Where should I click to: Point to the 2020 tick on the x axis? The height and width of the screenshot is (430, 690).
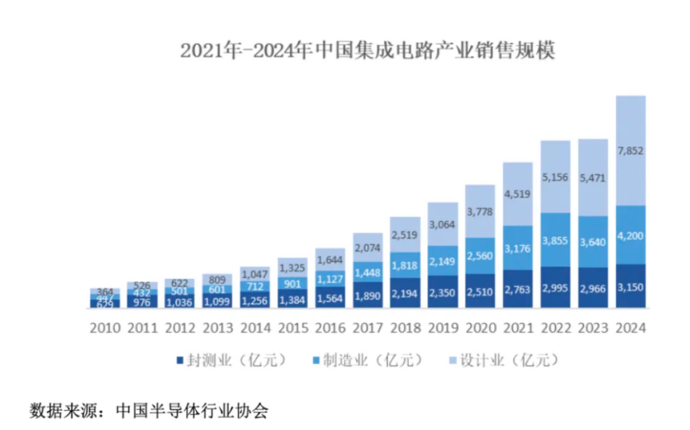coord(480,328)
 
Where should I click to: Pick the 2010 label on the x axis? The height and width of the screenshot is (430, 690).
coord(104,328)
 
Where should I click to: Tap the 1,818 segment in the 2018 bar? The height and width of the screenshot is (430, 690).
coord(405,266)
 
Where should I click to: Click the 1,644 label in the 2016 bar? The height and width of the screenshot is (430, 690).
coord(330,260)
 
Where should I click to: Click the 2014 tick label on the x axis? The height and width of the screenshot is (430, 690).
coord(254,328)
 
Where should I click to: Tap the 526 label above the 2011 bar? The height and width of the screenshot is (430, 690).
coord(142,286)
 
